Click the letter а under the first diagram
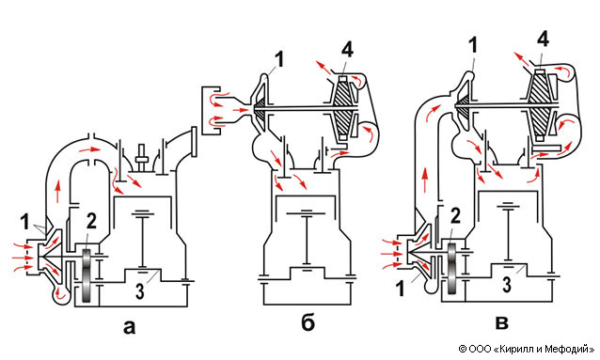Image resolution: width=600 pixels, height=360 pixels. pyautogui.click(x=130, y=327)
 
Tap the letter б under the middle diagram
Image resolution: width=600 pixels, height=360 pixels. pyautogui.click(x=308, y=323)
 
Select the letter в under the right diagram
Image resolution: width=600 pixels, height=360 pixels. pyautogui.click(x=501, y=323)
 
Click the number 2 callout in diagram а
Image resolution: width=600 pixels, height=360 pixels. pyautogui.click(x=91, y=222)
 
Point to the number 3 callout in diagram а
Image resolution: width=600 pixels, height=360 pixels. pyautogui.click(x=140, y=291)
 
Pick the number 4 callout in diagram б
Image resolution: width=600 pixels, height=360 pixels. pyautogui.click(x=347, y=50)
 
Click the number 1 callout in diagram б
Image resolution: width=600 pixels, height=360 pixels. pyautogui.click(x=279, y=59)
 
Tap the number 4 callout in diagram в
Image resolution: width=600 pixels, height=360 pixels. pyautogui.click(x=543, y=39)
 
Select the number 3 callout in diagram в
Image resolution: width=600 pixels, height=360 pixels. pyautogui.click(x=507, y=285)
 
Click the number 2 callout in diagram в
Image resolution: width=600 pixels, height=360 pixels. pyautogui.click(x=455, y=216)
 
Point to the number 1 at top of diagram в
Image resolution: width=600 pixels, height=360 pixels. pyautogui.click(x=474, y=45)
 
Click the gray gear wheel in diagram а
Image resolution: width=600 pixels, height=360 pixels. pyautogui.click(x=87, y=275)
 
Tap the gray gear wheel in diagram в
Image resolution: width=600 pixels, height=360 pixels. pyautogui.click(x=452, y=268)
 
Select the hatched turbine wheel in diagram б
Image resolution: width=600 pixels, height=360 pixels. pyautogui.click(x=343, y=109)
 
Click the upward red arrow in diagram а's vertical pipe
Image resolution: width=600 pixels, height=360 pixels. pyautogui.click(x=57, y=192)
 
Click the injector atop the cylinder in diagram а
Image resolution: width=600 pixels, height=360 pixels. pyautogui.click(x=142, y=157)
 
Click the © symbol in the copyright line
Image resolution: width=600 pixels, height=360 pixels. pyautogui.click(x=463, y=349)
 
